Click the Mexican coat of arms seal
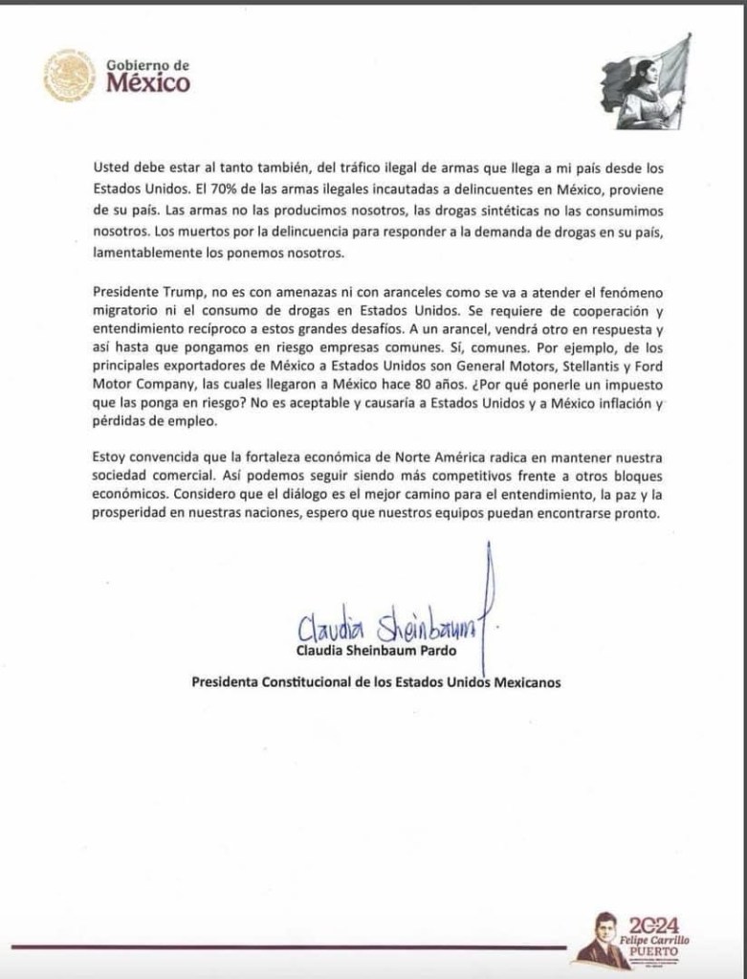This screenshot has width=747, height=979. [69, 76]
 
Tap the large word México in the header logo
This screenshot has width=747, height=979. [147, 83]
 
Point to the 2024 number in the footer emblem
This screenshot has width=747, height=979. [654, 924]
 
